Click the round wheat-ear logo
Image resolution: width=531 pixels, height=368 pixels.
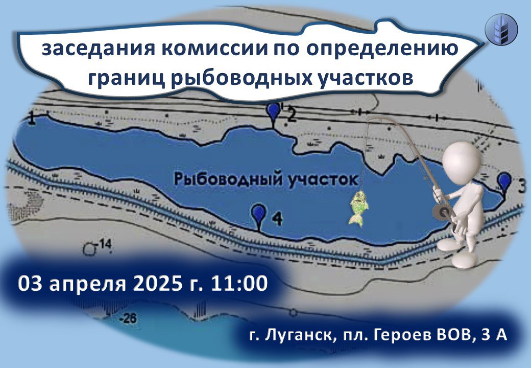tap(501, 29)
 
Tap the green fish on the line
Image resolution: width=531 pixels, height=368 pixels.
tap(358, 208)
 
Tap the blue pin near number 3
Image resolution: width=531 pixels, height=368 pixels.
tap(504, 181)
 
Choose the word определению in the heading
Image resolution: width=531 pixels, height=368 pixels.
tap(382, 50)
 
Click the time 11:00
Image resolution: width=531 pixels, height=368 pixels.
tap(239, 284)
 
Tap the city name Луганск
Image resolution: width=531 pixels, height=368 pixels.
tap(298, 335)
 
